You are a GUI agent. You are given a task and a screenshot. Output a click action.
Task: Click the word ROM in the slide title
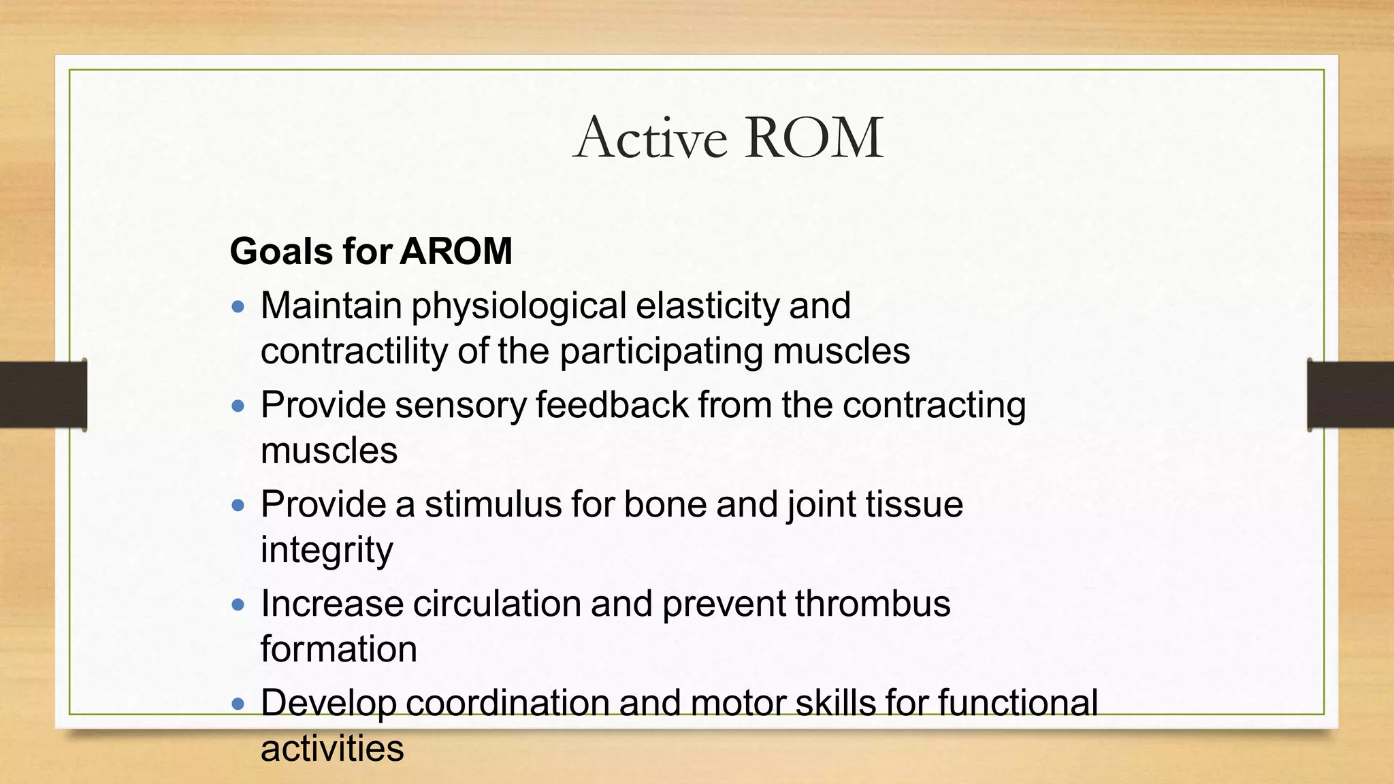[814, 138]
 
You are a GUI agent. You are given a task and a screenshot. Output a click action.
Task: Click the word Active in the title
[650, 138]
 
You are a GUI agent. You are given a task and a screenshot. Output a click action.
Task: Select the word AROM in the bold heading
[455, 251]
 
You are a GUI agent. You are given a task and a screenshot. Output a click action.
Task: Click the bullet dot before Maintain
[238, 307]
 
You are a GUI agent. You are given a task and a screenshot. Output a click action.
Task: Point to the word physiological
[519, 306]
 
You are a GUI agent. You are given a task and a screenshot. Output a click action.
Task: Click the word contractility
[354, 351]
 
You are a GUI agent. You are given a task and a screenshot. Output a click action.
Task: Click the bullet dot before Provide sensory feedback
[238, 406]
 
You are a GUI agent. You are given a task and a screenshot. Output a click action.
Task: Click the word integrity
[327, 550]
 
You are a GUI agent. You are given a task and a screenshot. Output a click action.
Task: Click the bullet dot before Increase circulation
[238, 604]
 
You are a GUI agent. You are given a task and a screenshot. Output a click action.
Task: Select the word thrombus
[872, 604]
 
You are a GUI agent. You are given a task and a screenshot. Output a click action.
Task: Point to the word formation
[338, 649]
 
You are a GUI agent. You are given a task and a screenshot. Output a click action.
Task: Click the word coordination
[507, 703]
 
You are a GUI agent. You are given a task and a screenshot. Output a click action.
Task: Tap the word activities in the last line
[332, 749]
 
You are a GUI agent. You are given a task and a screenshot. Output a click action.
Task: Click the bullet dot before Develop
[238, 704]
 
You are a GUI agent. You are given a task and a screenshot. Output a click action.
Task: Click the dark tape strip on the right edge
[1350, 395]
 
